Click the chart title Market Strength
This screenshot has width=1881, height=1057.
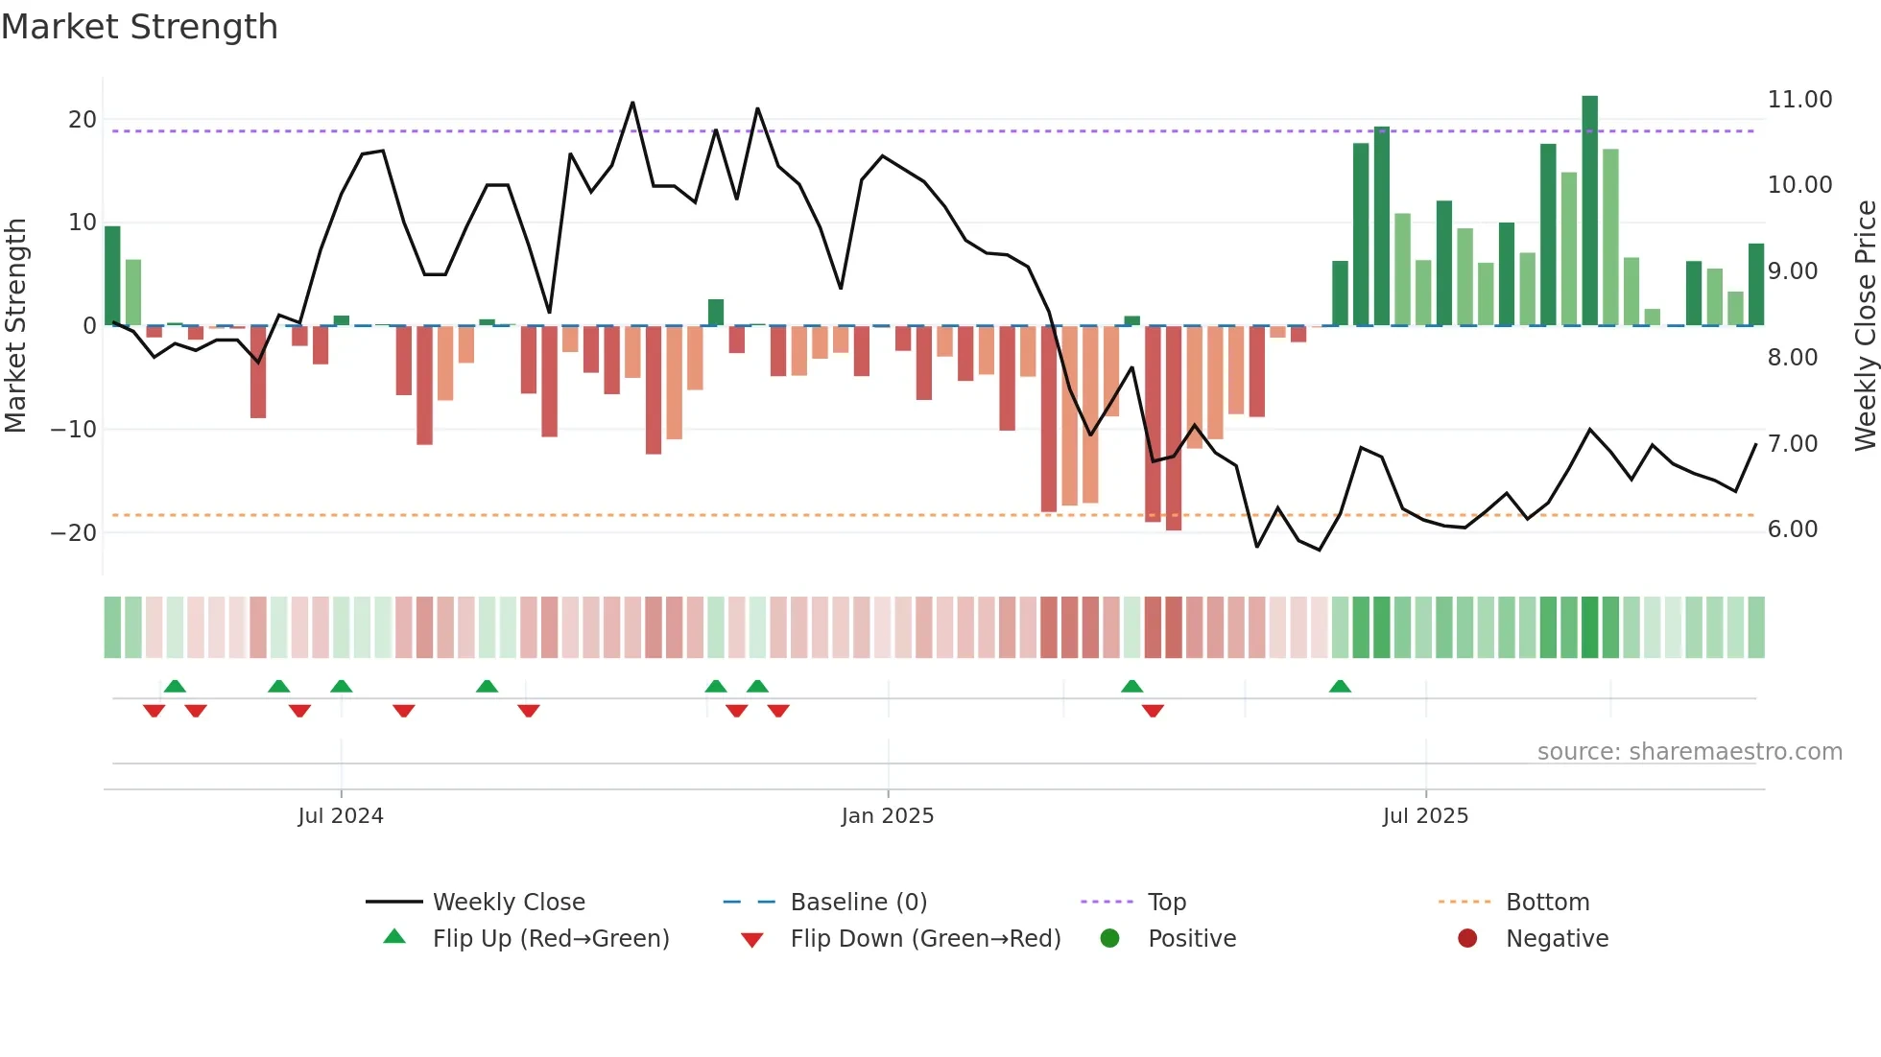tap(139, 27)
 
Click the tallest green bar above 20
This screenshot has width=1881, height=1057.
tap(1590, 210)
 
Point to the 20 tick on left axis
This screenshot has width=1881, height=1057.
tap(83, 120)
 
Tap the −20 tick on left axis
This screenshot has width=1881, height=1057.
tap(74, 533)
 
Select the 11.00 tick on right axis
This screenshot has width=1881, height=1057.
tap(1799, 100)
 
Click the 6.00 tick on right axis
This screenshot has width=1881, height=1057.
tap(1792, 529)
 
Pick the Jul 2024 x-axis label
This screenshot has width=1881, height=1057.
tap(341, 816)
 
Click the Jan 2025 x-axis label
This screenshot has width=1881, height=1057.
tap(888, 816)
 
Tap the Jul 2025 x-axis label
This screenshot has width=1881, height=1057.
tap(1425, 816)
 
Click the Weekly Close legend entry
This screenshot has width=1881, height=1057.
tap(508, 903)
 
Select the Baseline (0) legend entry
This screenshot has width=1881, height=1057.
tap(858, 903)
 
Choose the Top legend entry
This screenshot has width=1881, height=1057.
tap(1166, 903)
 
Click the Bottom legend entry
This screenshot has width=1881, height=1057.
tap(1547, 903)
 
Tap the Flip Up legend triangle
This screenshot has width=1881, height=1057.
tap(394, 937)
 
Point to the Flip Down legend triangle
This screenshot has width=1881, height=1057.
tap(752, 940)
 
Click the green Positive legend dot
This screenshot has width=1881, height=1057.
tap(1109, 938)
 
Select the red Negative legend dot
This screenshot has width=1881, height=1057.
tap(1467, 938)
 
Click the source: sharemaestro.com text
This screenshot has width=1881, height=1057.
tap(1689, 752)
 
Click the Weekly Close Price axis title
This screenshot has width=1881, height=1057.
tap(1865, 325)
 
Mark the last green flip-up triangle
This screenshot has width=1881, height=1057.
tap(1340, 686)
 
